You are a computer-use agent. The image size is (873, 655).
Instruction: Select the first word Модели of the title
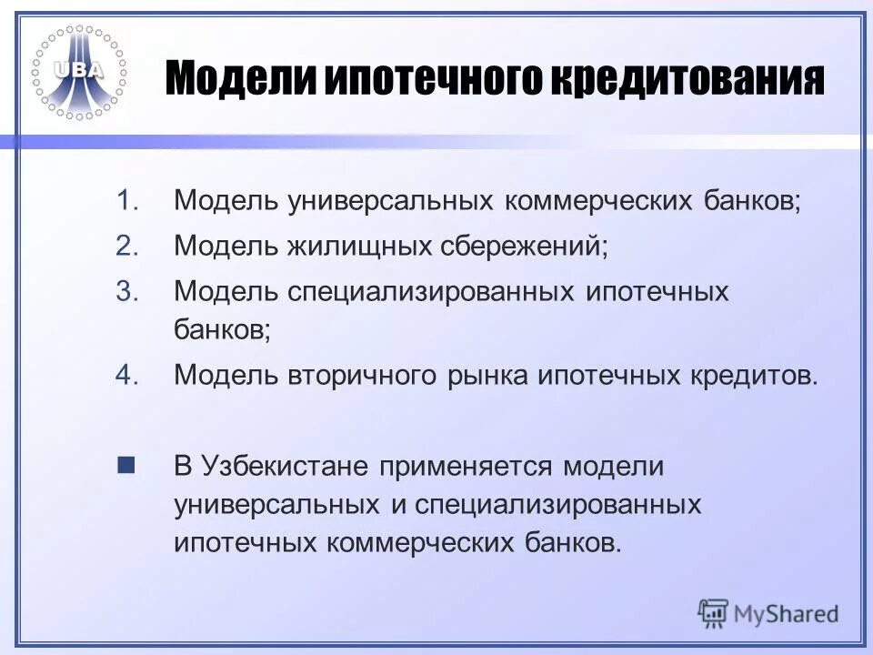tap(239, 81)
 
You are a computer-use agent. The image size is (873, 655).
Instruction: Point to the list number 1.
tap(127, 200)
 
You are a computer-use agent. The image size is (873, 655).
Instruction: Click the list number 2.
tap(127, 246)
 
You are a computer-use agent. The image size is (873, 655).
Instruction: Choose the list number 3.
tap(127, 292)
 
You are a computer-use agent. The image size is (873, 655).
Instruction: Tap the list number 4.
tap(127, 374)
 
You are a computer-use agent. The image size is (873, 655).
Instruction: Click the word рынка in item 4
tap(493, 375)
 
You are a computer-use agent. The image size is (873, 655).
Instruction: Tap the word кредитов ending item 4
tap(756, 375)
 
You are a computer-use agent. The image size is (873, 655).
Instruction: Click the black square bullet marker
tap(126, 467)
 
